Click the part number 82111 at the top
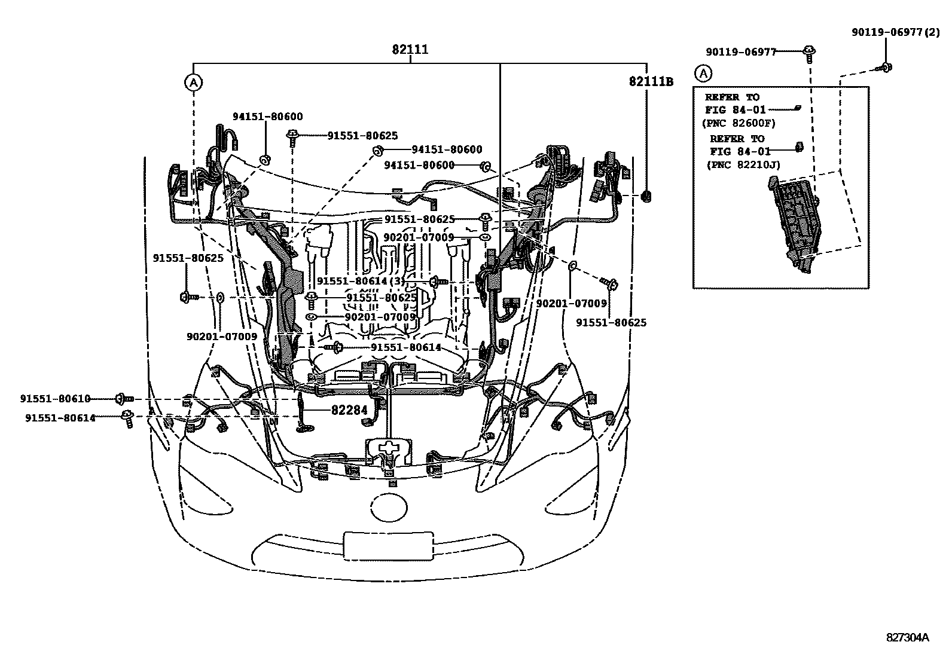click(x=410, y=50)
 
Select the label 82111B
click(x=651, y=81)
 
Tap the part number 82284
click(x=349, y=411)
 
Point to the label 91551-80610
click(x=54, y=399)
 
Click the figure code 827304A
click(x=907, y=637)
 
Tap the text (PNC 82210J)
click(x=743, y=164)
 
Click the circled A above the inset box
click(x=704, y=74)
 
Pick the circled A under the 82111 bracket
click(x=193, y=82)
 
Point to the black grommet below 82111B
click(x=646, y=195)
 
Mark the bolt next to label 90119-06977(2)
click(x=885, y=68)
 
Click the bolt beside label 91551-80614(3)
click(x=436, y=280)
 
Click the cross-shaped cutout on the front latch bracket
click(x=389, y=448)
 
